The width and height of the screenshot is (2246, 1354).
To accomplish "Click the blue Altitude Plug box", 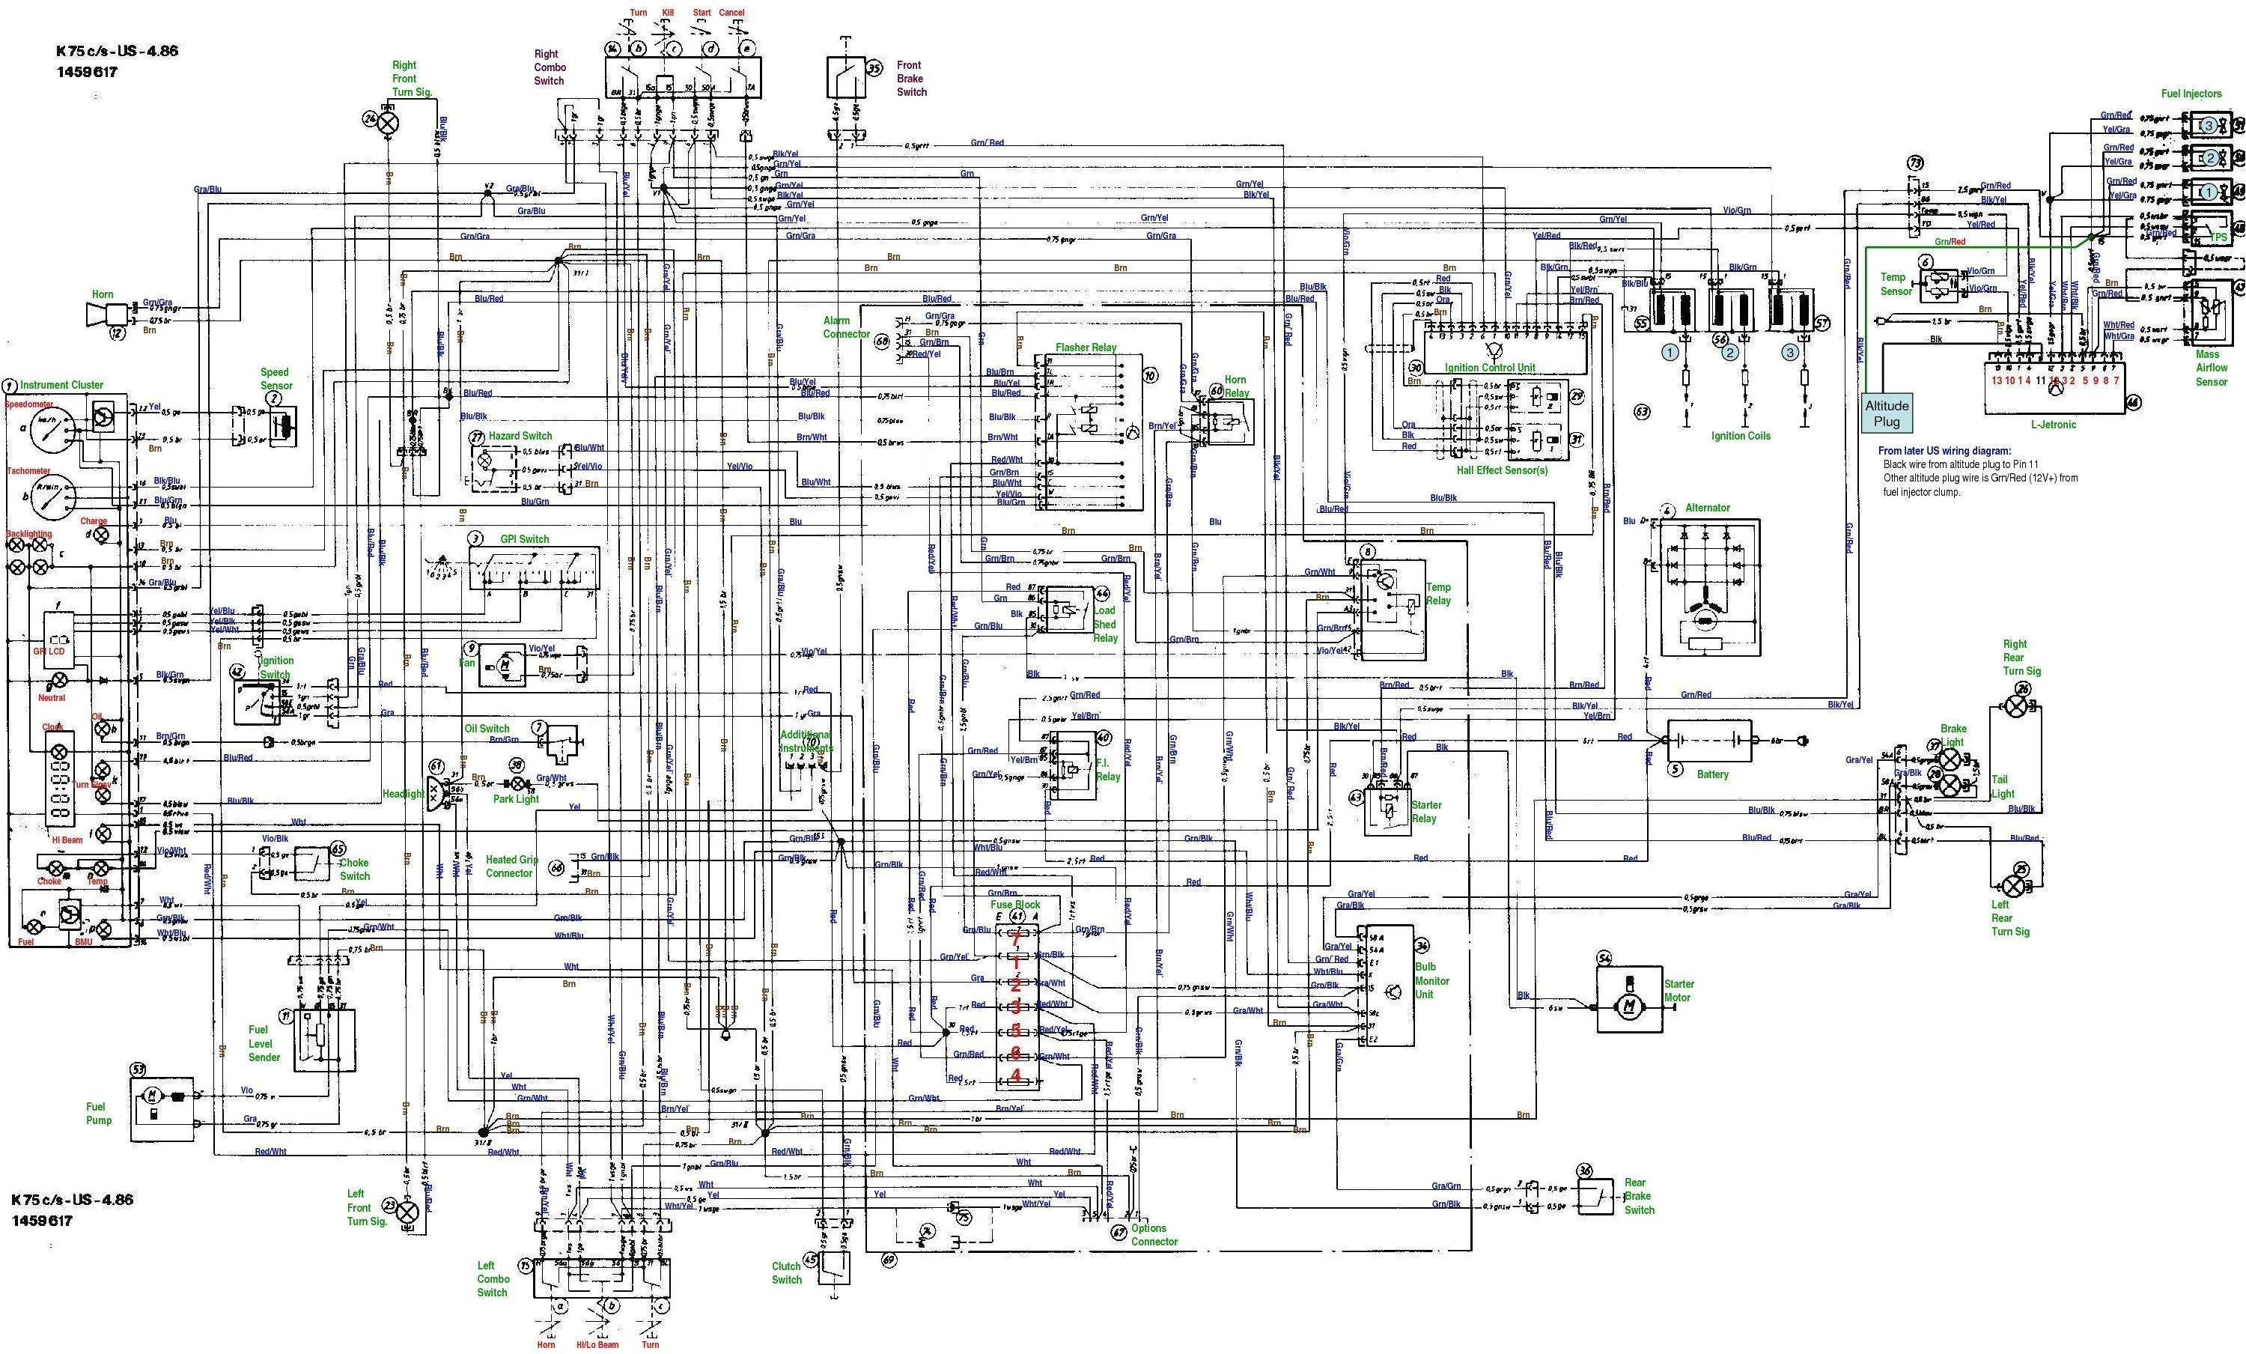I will [1886, 413].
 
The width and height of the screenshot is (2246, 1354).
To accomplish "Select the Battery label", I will [1712, 774].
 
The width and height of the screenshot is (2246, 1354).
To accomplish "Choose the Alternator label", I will [1707, 508].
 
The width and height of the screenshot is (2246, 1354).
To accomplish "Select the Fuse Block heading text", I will [1014, 905].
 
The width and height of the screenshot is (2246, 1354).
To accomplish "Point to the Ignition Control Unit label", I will [1489, 368].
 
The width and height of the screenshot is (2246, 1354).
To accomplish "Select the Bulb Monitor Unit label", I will [1432, 980].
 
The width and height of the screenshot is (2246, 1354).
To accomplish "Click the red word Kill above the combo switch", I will [674, 13].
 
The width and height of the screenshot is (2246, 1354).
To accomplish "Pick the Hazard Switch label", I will [520, 436].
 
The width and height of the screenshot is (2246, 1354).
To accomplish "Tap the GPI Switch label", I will [524, 539].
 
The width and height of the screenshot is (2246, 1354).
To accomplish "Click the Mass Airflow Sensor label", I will [2212, 368].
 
